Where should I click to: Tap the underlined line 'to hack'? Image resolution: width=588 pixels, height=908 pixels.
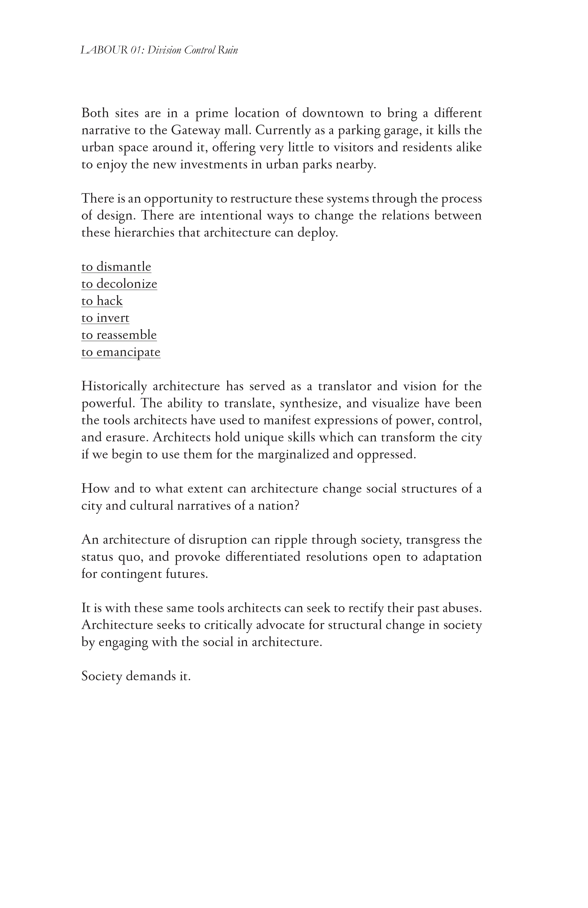[x=102, y=301]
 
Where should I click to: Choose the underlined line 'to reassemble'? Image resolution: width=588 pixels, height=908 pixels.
[x=119, y=335]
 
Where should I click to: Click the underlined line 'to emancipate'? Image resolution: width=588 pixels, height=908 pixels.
[x=121, y=352]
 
